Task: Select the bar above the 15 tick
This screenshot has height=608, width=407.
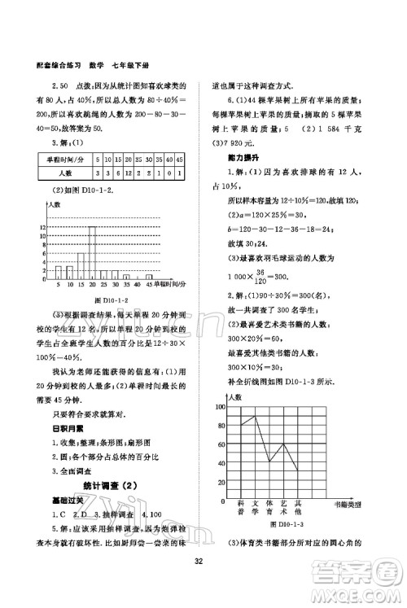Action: (80, 265)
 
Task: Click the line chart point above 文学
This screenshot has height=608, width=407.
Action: (254, 415)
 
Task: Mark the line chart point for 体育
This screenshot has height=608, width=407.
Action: (268, 461)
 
